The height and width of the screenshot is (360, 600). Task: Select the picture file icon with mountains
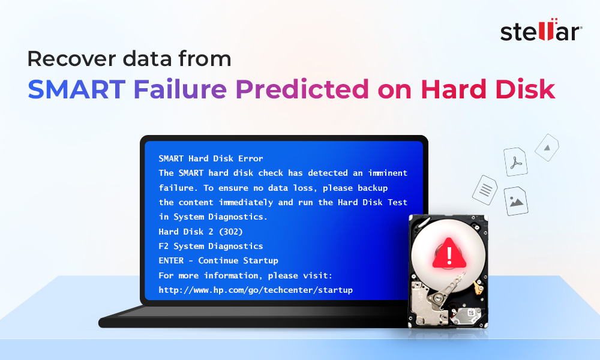click(x=515, y=201)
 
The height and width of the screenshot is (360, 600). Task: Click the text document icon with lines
click(x=485, y=190)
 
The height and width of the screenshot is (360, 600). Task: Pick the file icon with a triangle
click(x=547, y=146)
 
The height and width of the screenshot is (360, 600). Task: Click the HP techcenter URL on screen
click(x=256, y=290)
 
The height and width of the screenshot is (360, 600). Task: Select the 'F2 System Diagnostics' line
click(x=211, y=246)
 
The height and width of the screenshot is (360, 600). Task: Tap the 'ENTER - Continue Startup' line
click(x=218, y=260)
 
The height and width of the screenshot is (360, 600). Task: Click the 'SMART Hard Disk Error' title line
click(x=211, y=158)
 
